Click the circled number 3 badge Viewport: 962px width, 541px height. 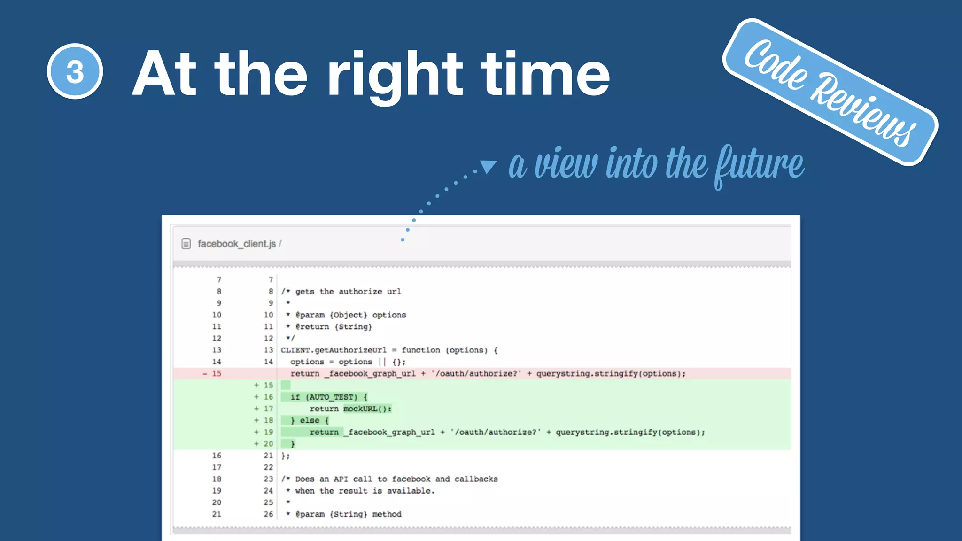click(x=75, y=71)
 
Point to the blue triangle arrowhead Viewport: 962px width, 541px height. click(x=488, y=166)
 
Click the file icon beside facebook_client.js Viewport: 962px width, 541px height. click(x=186, y=244)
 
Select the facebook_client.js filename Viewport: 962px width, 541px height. click(x=237, y=244)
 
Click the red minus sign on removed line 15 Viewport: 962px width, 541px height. click(x=205, y=374)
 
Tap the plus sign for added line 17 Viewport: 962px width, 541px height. click(x=256, y=409)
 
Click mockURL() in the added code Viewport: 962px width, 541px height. click(x=367, y=409)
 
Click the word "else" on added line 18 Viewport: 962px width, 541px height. click(x=310, y=420)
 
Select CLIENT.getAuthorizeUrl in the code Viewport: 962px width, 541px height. click(x=334, y=350)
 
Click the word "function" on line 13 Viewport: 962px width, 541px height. click(x=420, y=350)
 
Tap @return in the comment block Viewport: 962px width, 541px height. click(x=312, y=327)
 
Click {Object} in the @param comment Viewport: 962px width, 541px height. click(x=348, y=315)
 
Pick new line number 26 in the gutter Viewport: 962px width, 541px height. click(x=268, y=514)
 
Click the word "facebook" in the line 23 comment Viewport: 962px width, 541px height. click(x=411, y=479)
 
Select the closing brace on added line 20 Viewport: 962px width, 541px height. click(x=293, y=444)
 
